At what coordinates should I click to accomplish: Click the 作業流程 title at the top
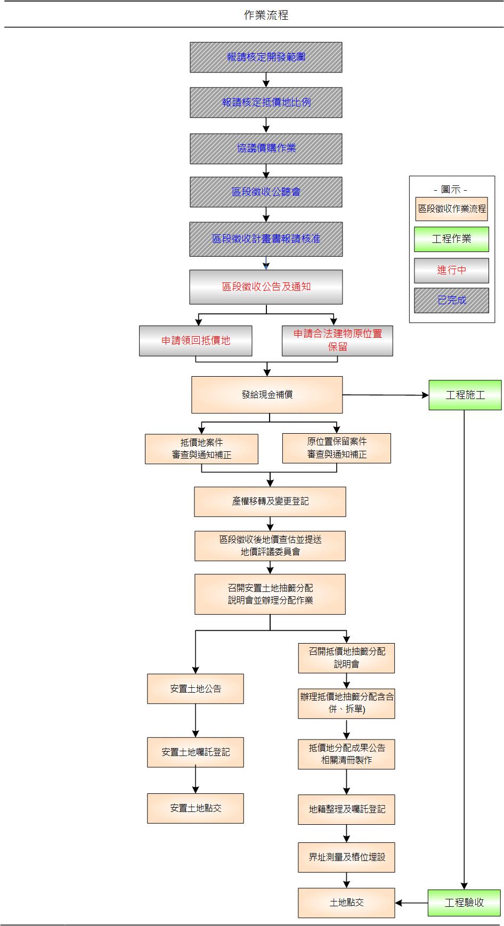click(x=266, y=15)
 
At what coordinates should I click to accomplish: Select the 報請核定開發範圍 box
click(x=266, y=57)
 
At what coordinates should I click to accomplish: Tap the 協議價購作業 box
click(x=266, y=148)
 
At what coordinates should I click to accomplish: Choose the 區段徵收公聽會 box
click(x=266, y=192)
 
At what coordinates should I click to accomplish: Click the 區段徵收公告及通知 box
click(x=266, y=287)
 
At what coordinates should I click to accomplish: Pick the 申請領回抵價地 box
click(x=196, y=340)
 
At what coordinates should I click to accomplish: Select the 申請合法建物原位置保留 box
click(x=337, y=340)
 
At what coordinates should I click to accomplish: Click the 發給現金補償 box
click(x=267, y=395)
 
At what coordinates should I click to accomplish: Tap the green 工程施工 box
click(x=465, y=395)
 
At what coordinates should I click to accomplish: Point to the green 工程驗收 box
click(x=464, y=903)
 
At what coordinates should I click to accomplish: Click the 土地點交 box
click(x=346, y=903)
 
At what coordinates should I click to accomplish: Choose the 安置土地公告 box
click(x=196, y=688)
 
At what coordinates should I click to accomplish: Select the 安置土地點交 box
click(x=196, y=808)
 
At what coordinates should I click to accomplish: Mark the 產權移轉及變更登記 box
click(x=270, y=501)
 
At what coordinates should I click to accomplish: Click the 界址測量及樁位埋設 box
click(x=346, y=857)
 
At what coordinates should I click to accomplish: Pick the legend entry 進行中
click(x=451, y=270)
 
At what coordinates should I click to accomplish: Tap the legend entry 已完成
click(x=451, y=300)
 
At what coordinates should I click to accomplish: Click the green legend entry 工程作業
click(x=451, y=239)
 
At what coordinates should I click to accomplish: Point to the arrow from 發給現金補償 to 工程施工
click(x=385, y=395)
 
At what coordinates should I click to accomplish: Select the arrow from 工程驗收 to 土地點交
click(x=411, y=903)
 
